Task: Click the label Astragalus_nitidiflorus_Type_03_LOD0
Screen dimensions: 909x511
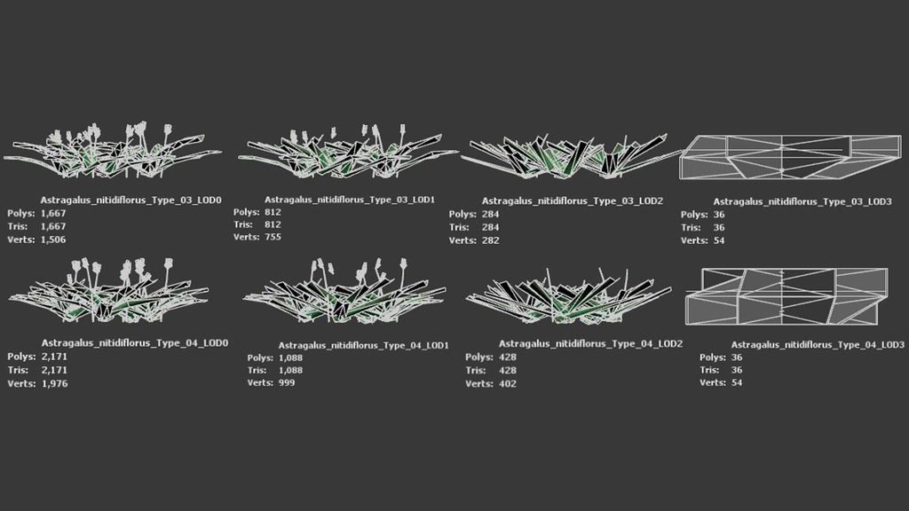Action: click(131, 200)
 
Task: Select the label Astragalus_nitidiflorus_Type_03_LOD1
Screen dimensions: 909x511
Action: click(350, 200)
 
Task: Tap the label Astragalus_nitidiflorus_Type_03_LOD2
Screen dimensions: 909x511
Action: click(573, 201)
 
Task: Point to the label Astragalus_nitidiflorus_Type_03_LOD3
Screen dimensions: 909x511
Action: click(802, 201)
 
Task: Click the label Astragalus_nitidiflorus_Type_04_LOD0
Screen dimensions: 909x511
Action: click(135, 343)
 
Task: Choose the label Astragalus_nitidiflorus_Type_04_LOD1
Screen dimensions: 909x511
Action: click(363, 345)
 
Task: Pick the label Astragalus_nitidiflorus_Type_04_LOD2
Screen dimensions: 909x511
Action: click(590, 343)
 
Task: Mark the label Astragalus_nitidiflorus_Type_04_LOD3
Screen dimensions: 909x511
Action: click(818, 345)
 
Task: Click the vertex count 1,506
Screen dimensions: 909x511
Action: click(52, 240)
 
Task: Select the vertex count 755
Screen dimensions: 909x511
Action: click(273, 237)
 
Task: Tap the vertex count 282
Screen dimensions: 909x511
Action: click(490, 240)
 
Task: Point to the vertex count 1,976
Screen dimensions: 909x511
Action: click(54, 383)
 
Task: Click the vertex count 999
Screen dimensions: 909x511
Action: click(287, 383)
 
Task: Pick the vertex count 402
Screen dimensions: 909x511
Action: click(507, 383)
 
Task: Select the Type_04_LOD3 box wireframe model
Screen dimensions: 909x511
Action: click(786, 296)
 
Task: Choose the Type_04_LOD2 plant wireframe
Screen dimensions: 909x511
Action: click(568, 295)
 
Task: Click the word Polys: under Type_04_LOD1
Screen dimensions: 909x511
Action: click(260, 358)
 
